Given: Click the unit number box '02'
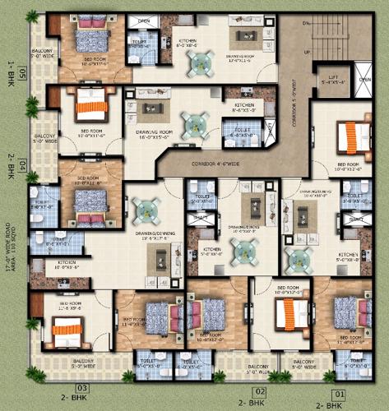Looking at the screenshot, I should pyautogui.click(x=259, y=391).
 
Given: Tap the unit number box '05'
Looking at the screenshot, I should pyautogui.click(x=23, y=76).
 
